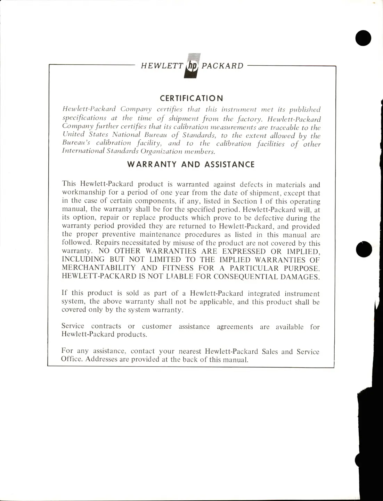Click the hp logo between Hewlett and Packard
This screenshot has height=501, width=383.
[192, 66]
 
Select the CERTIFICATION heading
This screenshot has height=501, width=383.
[191, 98]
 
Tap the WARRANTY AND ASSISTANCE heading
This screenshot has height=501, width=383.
[191, 164]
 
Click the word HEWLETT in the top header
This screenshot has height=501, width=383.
[162, 66]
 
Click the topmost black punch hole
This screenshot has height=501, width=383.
[363, 38]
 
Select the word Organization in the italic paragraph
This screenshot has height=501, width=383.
[161, 151]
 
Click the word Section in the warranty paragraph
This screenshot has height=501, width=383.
[245, 201]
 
